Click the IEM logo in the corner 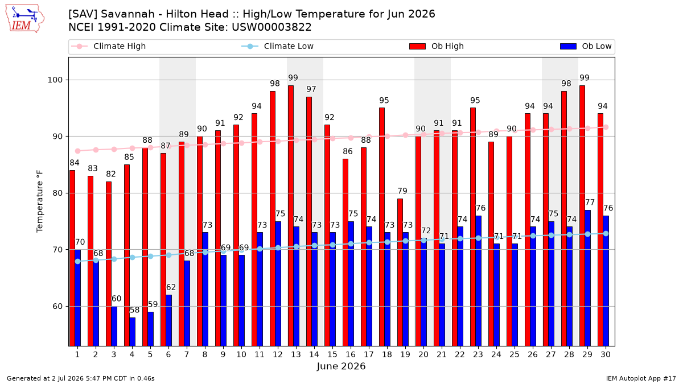coord(25,19)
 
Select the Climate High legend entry coord(109,46)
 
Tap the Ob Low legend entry coord(586,46)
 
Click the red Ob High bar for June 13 coord(291,216)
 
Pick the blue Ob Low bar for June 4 coord(132,332)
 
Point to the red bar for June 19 coord(400,272)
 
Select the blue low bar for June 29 coord(587,278)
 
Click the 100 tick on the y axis coord(55,80)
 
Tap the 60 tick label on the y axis coord(57,306)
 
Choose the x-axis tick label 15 coord(332,354)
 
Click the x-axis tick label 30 coord(606,354)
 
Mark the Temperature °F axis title coord(40,202)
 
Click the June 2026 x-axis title coord(341,366)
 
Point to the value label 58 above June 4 coord(134,310)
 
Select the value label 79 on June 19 coord(402,191)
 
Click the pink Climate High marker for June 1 coord(78,151)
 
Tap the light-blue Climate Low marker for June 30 coord(606,233)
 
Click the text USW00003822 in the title coord(271,27)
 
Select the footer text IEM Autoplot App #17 coord(641,378)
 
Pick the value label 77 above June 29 coord(590,203)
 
